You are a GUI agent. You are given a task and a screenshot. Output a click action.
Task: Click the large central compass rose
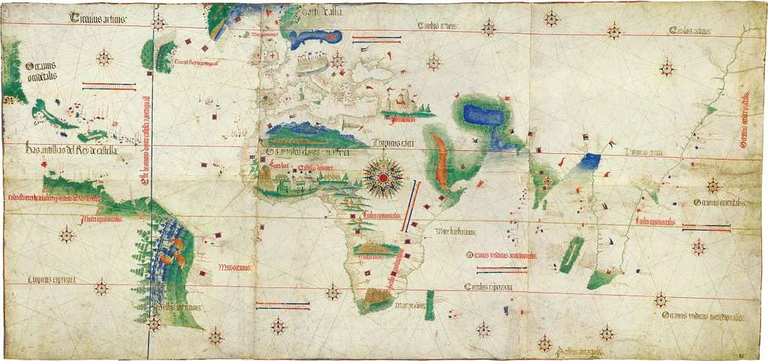383,176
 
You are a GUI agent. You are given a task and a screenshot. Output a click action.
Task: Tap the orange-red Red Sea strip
444,160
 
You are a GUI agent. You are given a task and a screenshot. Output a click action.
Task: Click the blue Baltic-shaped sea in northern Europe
315,38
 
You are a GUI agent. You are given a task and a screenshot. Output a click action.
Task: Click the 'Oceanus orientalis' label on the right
718,203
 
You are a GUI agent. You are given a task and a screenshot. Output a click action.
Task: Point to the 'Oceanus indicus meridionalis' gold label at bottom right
703,317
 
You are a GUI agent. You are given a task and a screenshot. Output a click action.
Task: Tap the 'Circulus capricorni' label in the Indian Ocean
489,287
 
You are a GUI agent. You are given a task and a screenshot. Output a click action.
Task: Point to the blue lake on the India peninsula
590,160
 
